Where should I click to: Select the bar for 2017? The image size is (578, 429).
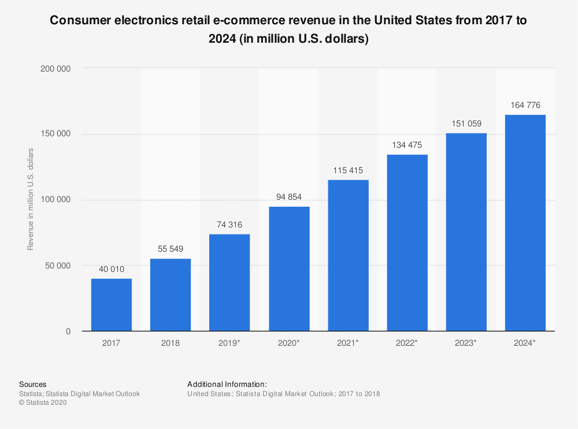(x=112, y=305)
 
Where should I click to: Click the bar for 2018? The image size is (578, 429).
(x=171, y=295)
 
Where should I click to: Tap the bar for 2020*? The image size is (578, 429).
(x=289, y=269)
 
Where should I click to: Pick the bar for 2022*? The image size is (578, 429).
(x=407, y=243)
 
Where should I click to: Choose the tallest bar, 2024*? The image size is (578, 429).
(x=525, y=223)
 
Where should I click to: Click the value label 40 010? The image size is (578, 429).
(x=112, y=269)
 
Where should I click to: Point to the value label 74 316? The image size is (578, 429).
(x=229, y=225)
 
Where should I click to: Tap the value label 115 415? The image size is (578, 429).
(x=348, y=170)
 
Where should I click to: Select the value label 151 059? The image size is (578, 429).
(x=466, y=124)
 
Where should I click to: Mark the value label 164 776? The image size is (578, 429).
(x=525, y=105)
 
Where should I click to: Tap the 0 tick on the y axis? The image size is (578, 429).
(x=68, y=331)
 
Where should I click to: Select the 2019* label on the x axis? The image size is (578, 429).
(x=230, y=343)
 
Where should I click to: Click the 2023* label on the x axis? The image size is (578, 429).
(x=466, y=343)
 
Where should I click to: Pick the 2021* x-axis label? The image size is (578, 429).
(x=348, y=343)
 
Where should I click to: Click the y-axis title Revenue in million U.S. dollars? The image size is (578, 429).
(x=31, y=199)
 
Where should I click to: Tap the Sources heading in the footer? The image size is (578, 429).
(x=33, y=384)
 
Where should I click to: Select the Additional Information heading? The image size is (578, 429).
(x=227, y=384)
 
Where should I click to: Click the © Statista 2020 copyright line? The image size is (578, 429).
(x=43, y=403)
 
